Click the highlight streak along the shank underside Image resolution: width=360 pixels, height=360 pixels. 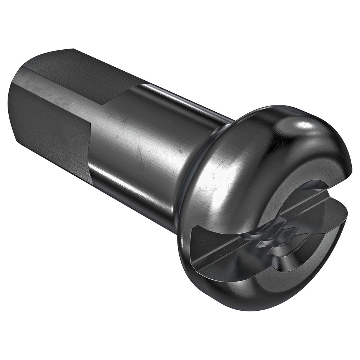(137, 202)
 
